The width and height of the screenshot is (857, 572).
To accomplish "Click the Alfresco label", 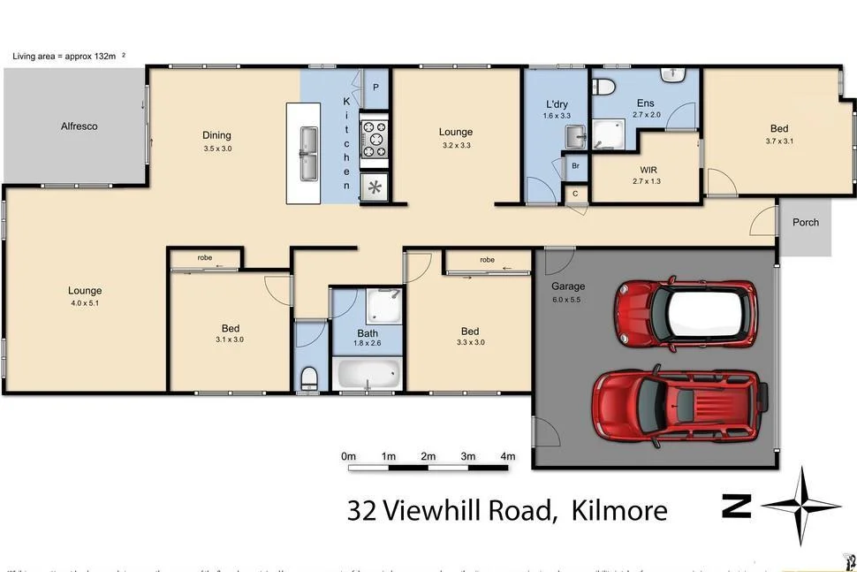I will click(x=79, y=126).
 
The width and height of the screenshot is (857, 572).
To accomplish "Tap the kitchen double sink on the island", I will click(x=308, y=153).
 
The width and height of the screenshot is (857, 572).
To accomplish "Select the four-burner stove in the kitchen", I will click(x=375, y=140).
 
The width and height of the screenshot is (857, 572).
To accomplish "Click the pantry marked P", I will click(x=375, y=87).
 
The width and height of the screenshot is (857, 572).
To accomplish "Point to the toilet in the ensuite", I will click(x=603, y=87).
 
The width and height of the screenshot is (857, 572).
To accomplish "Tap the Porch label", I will click(x=806, y=223).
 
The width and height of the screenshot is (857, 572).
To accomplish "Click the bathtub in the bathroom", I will click(x=368, y=373).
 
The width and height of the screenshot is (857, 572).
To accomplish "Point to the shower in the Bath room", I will click(x=385, y=305).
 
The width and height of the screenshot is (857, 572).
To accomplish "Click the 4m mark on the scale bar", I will click(x=508, y=456).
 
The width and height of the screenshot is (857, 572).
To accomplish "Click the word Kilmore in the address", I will click(x=619, y=510).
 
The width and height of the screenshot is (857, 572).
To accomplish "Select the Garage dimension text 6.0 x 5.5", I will click(x=569, y=300).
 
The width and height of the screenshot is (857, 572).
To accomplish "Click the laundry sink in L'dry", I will click(x=574, y=136).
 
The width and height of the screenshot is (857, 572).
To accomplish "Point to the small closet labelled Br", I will click(x=575, y=166).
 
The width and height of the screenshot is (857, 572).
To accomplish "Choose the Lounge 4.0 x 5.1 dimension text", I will click(x=85, y=303).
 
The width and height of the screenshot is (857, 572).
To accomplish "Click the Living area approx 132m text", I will click(x=64, y=57).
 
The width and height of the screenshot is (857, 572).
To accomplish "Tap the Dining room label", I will click(x=216, y=135).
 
